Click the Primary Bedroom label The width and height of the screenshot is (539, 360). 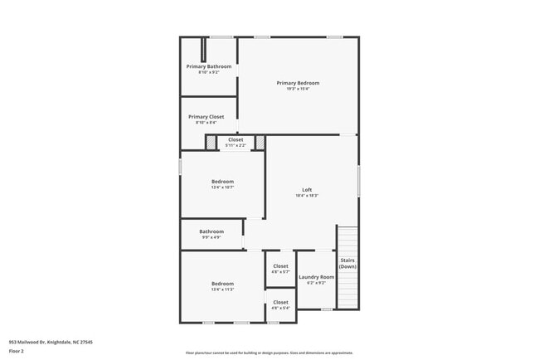click(298, 83)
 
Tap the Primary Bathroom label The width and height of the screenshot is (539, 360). click(208, 66)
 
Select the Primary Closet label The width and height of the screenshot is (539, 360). click(206, 117)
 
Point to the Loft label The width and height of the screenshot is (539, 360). click(306, 190)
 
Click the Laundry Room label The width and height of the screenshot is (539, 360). click(316, 277)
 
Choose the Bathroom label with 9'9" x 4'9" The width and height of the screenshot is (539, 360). click(211, 231)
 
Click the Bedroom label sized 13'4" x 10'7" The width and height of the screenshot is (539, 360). click(222, 182)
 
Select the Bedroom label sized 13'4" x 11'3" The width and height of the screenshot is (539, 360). click(222, 284)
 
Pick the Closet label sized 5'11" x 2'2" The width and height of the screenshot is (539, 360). click(236, 139)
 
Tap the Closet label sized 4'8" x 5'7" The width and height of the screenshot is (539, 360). click(280, 266)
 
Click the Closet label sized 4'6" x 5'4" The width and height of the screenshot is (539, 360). click(280, 302)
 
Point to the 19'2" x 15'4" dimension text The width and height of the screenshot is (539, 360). click(298, 89)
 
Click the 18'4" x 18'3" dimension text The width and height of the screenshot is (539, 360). click(306, 196)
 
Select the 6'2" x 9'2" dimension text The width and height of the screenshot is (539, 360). click(316, 283)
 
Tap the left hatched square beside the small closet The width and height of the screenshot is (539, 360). click(211, 143)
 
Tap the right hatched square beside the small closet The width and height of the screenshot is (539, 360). click(260, 143)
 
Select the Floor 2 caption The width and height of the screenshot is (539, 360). click(17, 351)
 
